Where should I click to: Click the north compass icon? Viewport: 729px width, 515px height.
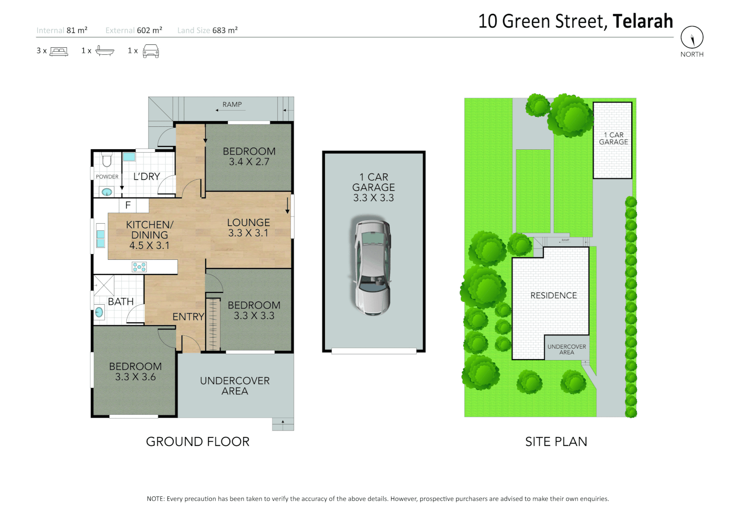pos(692,37)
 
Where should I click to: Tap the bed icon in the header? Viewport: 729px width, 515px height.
pos(59,51)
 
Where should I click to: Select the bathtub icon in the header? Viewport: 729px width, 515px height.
pos(104,51)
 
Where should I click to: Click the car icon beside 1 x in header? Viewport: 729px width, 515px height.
pos(151,51)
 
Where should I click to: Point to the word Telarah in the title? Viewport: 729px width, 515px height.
pos(642,21)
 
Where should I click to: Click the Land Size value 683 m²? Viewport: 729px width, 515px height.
pos(225,31)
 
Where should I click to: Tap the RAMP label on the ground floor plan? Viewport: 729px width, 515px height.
pos(232,104)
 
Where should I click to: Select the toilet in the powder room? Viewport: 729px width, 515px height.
pos(107,159)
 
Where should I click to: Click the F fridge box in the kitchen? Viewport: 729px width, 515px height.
pos(128,206)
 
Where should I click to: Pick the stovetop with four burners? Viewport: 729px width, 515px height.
pos(139,267)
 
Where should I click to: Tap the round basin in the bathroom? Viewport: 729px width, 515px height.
pos(99,312)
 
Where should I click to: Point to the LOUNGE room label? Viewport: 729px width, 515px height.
pos(248,223)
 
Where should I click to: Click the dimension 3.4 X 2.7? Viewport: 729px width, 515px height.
pos(249,162)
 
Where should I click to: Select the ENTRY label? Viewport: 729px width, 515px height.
pos(188,317)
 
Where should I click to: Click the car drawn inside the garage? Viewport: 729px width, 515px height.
pos(372,267)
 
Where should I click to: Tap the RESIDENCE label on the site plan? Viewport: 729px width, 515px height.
pos(553,296)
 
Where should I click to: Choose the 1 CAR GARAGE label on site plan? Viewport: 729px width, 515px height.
pos(613,139)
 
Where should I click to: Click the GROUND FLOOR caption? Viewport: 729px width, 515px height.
pos(198,442)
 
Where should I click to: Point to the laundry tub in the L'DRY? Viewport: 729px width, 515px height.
pos(129,156)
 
